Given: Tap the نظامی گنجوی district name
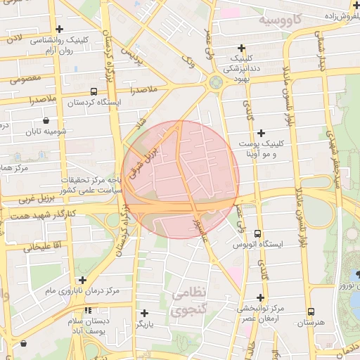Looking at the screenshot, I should [x=189, y=300].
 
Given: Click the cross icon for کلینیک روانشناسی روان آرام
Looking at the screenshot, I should [x=60, y=30].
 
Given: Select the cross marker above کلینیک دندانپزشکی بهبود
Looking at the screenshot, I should [x=242, y=47].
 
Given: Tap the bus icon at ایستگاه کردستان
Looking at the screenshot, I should [x=94, y=91].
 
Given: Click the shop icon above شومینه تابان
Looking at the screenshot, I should [x=46, y=120].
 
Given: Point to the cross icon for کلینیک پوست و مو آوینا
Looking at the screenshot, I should [x=262, y=132].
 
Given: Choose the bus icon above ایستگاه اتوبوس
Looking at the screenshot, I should [x=257, y=233].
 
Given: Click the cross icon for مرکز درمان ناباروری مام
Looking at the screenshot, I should [x=82, y=279].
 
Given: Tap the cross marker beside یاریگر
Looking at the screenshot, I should [x=145, y=313].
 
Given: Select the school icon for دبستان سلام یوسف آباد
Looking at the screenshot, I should [x=88, y=310].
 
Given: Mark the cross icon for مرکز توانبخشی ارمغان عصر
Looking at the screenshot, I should [x=250, y=297].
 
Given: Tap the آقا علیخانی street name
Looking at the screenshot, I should [x=43, y=247].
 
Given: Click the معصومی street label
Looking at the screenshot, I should [x=27, y=78].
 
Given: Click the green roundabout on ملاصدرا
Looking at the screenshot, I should [x=216, y=82].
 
